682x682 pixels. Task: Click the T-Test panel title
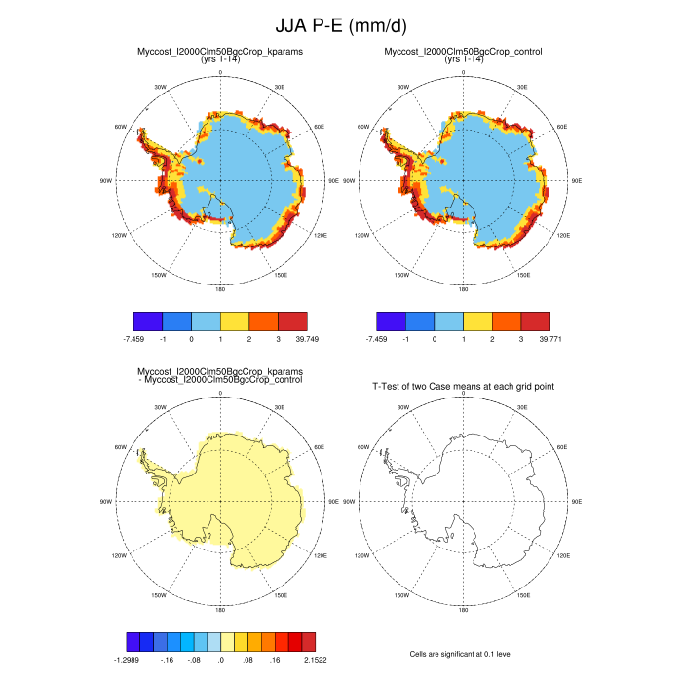coord(464,387)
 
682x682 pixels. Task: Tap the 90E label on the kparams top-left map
coord(333,180)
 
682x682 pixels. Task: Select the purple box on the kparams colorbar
coord(147,321)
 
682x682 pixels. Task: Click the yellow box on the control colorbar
coord(477,321)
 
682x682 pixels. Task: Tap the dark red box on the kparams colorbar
coord(293,321)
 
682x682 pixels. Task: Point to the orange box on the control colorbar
coord(507,321)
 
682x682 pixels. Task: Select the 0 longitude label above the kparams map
coord(220,73)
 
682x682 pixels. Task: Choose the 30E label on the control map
coord(522,88)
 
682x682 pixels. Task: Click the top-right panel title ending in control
coord(464,51)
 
